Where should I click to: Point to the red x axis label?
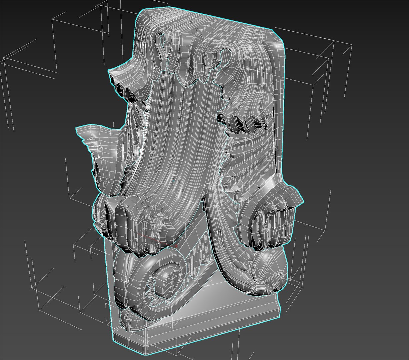(x=176, y=246)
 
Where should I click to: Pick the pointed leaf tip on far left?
(x=77, y=128)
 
